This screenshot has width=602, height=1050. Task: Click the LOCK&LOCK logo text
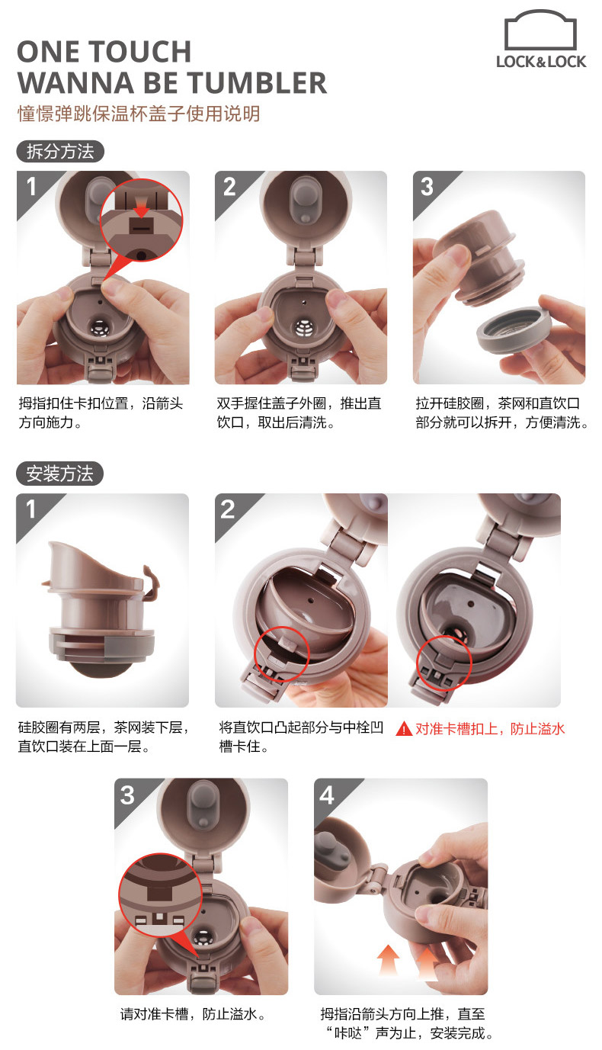pos(541,62)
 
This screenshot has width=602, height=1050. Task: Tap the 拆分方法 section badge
pos(60,152)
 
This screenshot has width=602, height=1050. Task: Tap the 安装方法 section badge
pos(59,474)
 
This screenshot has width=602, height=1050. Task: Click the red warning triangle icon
pos(404,729)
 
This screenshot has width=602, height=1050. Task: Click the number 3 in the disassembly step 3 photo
pos(427,187)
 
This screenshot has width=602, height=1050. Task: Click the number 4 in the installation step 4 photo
pos(327,795)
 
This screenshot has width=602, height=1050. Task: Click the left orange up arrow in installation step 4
pos(389,961)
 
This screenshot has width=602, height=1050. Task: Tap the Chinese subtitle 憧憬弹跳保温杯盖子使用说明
pos(139,114)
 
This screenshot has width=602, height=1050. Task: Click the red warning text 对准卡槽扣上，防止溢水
pos(490,729)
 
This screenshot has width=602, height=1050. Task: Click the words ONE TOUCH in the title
pos(104,52)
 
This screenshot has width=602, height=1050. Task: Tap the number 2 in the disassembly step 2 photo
pos(229,187)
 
